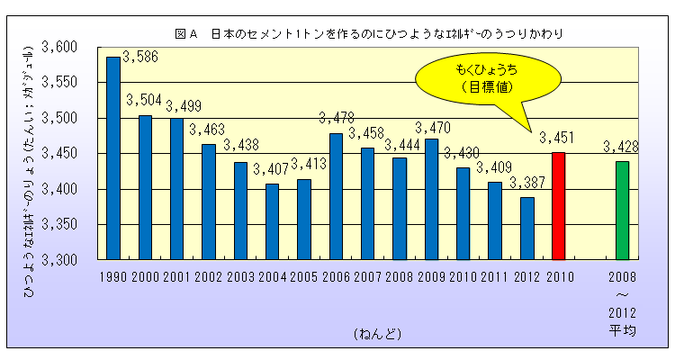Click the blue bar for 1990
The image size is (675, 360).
pyautogui.click(x=113, y=158)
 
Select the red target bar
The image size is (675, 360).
pyautogui.click(x=558, y=206)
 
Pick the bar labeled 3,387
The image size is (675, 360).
pyautogui.click(x=526, y=229)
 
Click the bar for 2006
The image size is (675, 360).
pyautogui.click(x=336, y=196)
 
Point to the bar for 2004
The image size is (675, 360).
pyautogui.click(x=272, y=221)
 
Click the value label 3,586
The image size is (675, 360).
pyautogui.click(x=139, y=56)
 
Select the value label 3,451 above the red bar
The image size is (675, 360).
pyautogui.click(x=556, y=139)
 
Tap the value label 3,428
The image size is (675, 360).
pyautogui.click(x=620, y=147)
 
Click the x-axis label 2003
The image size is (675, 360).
pyautogui.click(x=239, y=276)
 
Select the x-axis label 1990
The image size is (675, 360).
pyautogui.click(x=113, y=276)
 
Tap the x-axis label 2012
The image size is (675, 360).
pyautogui.click(x=526, y=276)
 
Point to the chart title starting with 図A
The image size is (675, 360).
pyautogui.click(x=370, y=34)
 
